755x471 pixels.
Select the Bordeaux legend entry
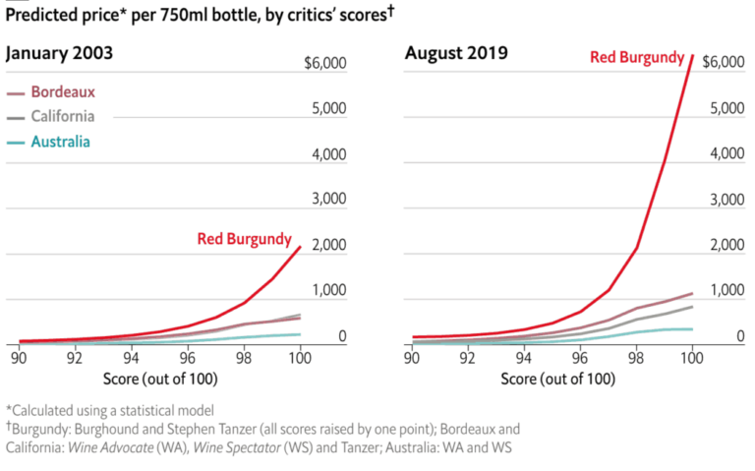(63, 92)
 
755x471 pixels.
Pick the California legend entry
(63, 117)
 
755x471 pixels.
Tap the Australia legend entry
(61, 142)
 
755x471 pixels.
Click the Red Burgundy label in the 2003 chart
(244, 238)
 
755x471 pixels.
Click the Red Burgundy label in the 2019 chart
(637, 57)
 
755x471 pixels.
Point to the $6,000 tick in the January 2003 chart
(325, 65)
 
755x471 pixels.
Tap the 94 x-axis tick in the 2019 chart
(525, 360)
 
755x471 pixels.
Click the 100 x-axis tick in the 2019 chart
(693, 360)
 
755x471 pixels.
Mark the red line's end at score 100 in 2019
(693, 56)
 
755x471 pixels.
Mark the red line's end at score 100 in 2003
(300, 246)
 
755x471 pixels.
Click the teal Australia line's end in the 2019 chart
(693, 329)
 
